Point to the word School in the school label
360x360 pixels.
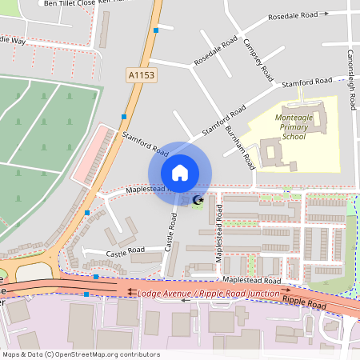pos(294,136)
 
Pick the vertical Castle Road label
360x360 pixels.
pos(170,233)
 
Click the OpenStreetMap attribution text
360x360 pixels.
pos(80,354)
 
